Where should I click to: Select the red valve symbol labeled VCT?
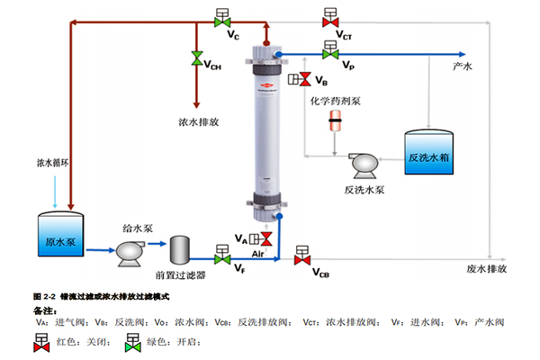click(329, 18)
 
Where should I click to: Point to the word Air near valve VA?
click(259, 255)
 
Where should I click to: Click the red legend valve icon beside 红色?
click(40, 342)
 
